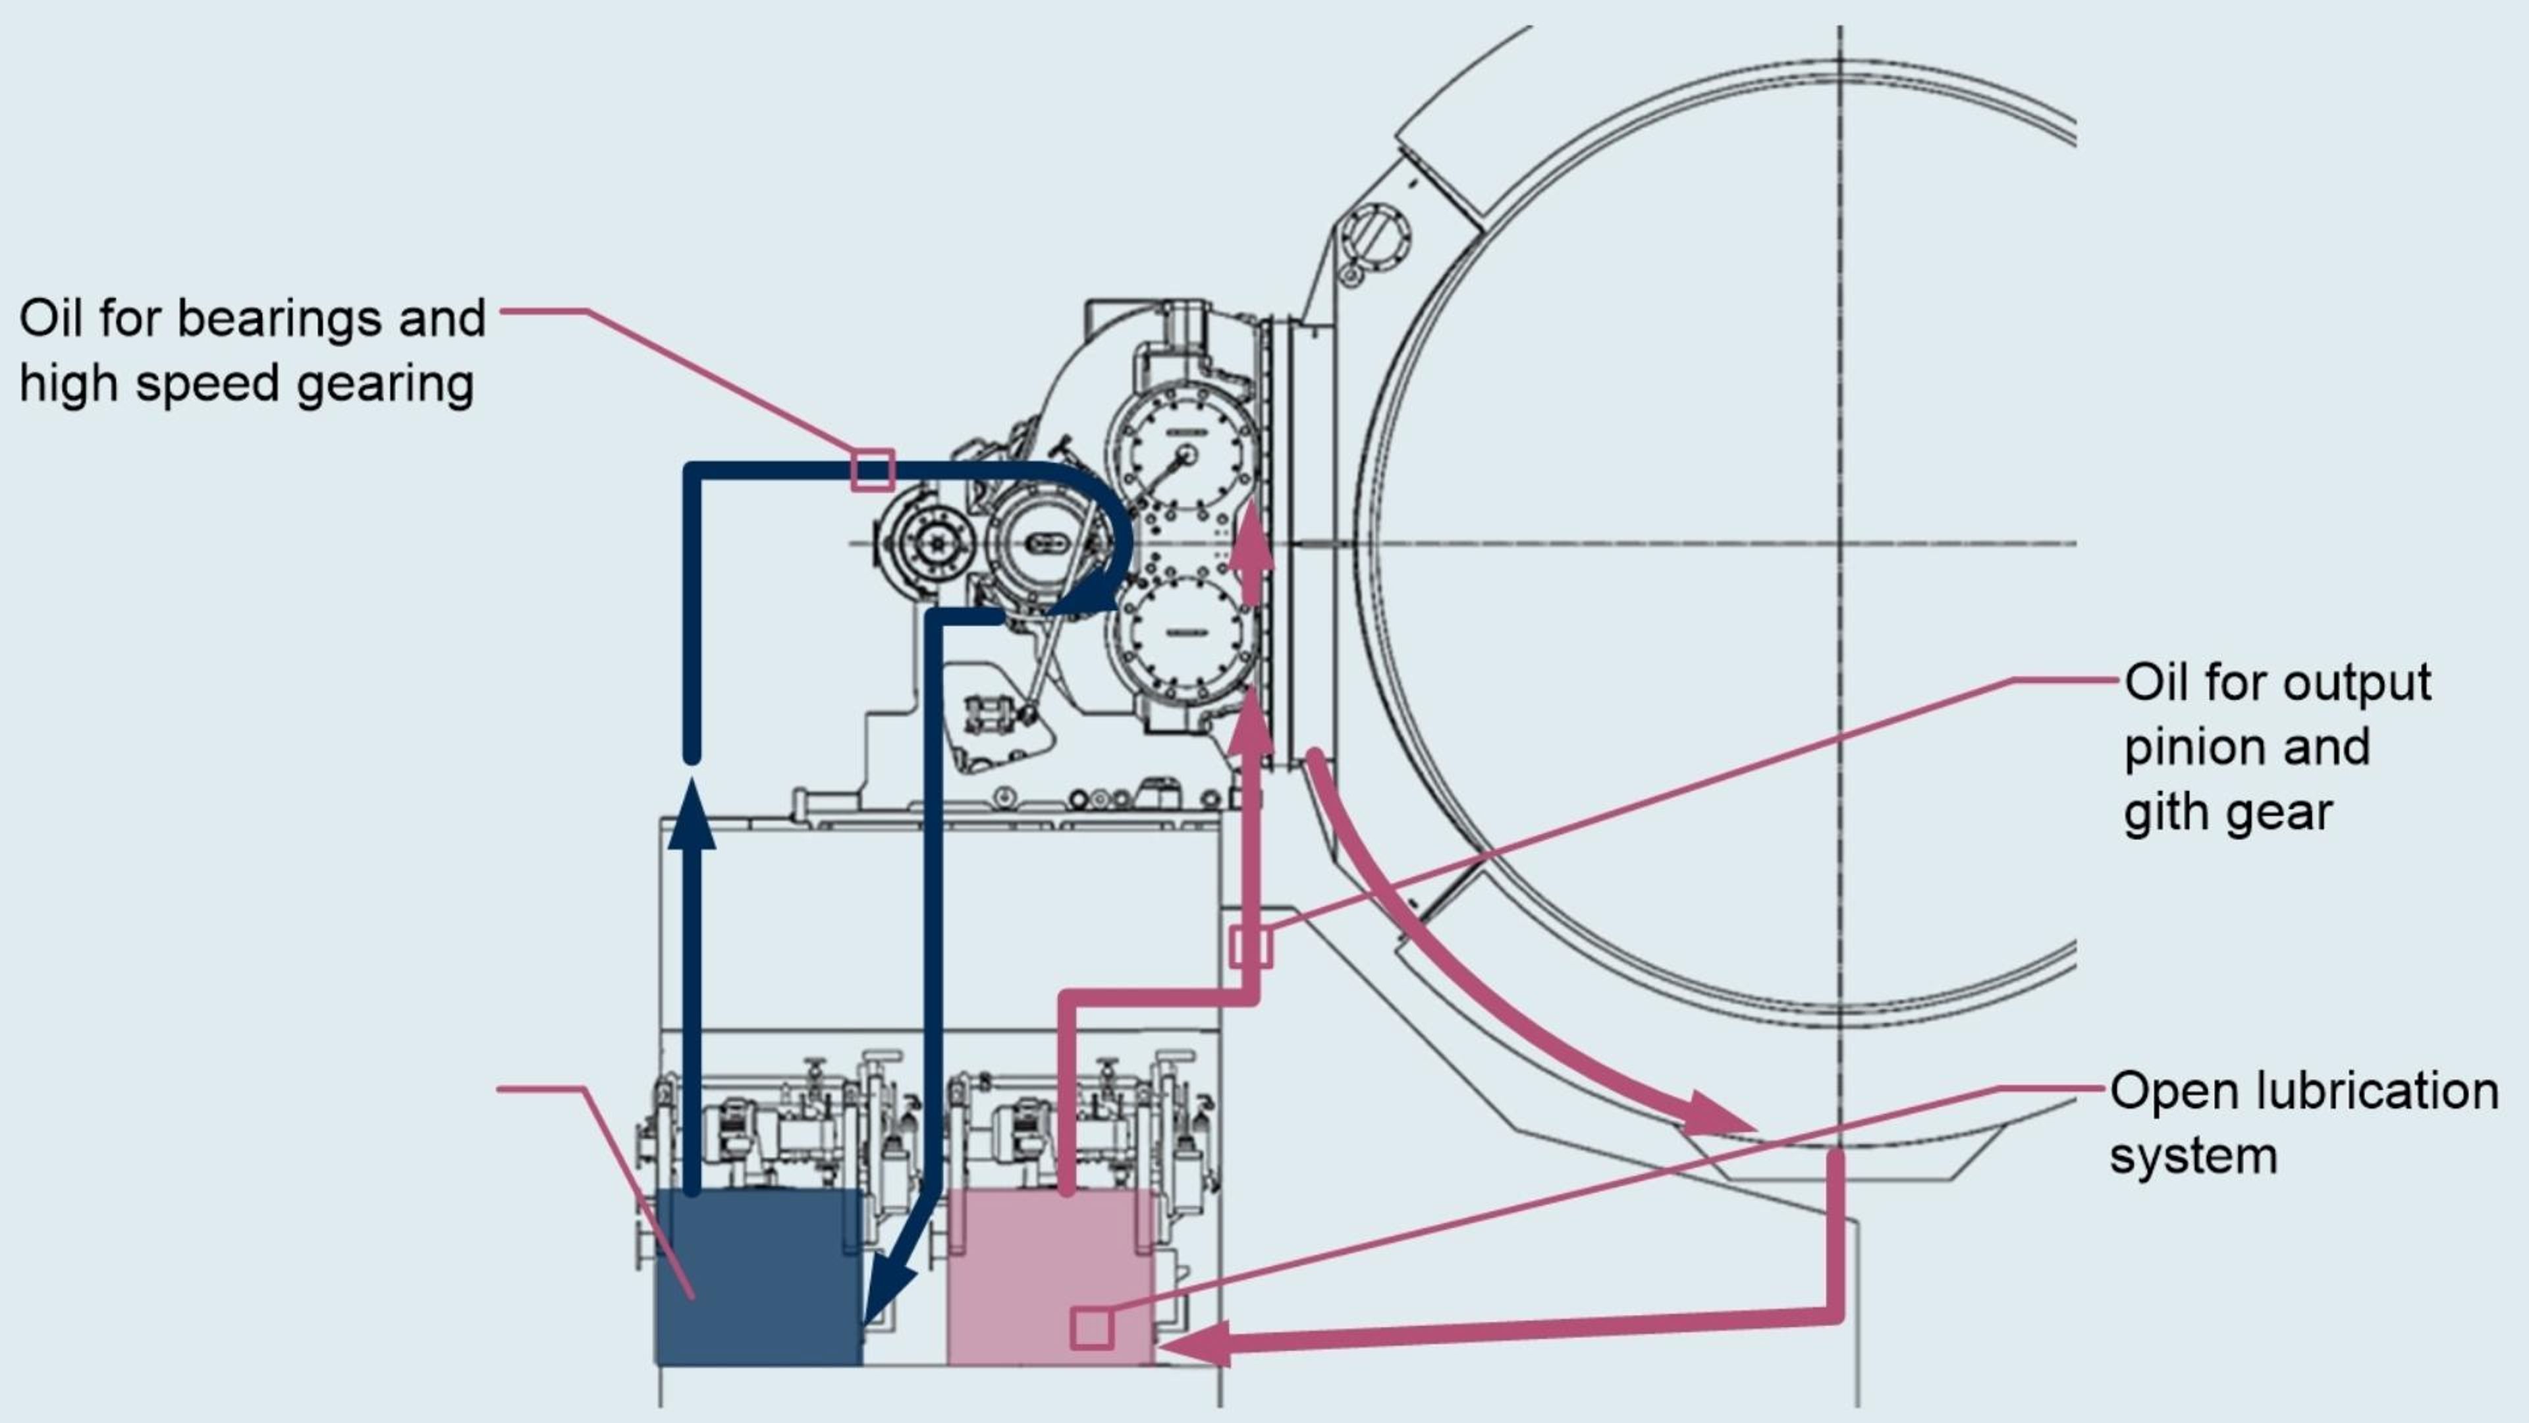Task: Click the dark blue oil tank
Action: click(x=759, y=1277)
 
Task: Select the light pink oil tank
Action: click(x=1050, y=1277)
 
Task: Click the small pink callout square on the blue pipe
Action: click(x=873, y=470)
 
